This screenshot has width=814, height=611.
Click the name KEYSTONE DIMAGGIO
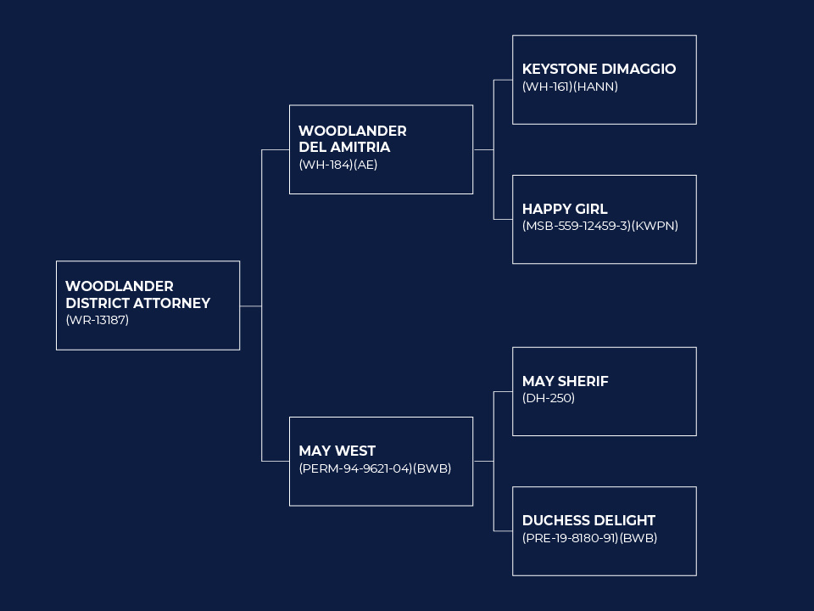coord(599,69)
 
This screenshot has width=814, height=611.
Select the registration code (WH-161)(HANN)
coord(570,87)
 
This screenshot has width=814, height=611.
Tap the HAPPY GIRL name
coord(565,209)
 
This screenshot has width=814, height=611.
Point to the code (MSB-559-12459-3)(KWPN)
coord(600,226)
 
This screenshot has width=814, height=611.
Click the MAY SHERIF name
coord(566,381)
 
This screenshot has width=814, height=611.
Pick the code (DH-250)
coord(549,399)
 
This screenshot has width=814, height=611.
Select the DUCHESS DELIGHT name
coord(588,520)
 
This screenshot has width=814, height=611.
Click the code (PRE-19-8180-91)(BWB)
coord(590,538)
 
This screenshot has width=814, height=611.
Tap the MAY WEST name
coord(337,451)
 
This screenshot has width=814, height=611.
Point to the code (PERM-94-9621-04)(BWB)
coord(375,468)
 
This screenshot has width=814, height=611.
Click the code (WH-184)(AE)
coord(338,165)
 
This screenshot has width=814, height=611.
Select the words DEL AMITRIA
coord(344,148)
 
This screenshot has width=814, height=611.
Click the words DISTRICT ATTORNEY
coord(137,304)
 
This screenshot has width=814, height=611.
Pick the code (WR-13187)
coord(97,320)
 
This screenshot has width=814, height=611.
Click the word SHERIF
coord(583,381)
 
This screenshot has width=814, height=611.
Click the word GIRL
coord(591,209)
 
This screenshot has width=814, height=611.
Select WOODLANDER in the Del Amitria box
coord(353,131)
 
